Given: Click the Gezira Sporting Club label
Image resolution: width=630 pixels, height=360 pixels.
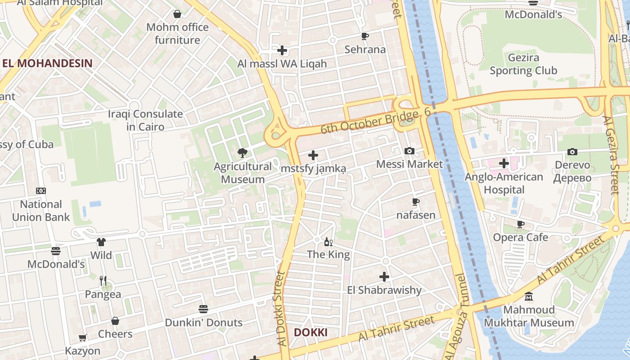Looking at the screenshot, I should (523, 64).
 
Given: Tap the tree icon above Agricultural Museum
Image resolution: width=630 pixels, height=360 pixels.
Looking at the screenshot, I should (243, 153).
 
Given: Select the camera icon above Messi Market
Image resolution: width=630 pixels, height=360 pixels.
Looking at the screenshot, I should (409, 151).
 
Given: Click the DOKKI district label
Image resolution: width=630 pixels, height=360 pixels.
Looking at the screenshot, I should (310, 333).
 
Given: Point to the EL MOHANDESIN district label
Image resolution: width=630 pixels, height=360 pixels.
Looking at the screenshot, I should (47, 63).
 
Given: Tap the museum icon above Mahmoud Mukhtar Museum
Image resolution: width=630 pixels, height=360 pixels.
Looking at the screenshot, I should (529, 297).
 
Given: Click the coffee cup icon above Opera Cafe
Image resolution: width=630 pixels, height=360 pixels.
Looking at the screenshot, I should (521, 224).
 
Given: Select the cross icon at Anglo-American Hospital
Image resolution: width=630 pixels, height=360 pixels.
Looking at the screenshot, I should (504, 163).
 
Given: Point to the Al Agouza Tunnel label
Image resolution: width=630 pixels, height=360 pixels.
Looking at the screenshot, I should (456, 315).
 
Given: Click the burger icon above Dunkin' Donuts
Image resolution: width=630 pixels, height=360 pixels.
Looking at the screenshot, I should (203, 309).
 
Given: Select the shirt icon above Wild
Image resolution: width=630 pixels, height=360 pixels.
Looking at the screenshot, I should (101, 242).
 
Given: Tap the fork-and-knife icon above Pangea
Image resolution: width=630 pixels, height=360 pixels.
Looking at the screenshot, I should (103, 281).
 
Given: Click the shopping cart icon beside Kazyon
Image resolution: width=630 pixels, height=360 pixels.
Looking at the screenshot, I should (83, 337).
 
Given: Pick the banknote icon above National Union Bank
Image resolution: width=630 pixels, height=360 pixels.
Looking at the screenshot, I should (41, 191).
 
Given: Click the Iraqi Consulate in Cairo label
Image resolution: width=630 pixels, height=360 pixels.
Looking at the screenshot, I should (145, 120).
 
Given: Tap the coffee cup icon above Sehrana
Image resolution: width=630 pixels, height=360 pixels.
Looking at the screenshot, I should (365, 36).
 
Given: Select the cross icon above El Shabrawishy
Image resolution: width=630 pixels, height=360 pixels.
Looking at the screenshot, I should (384, 276).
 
